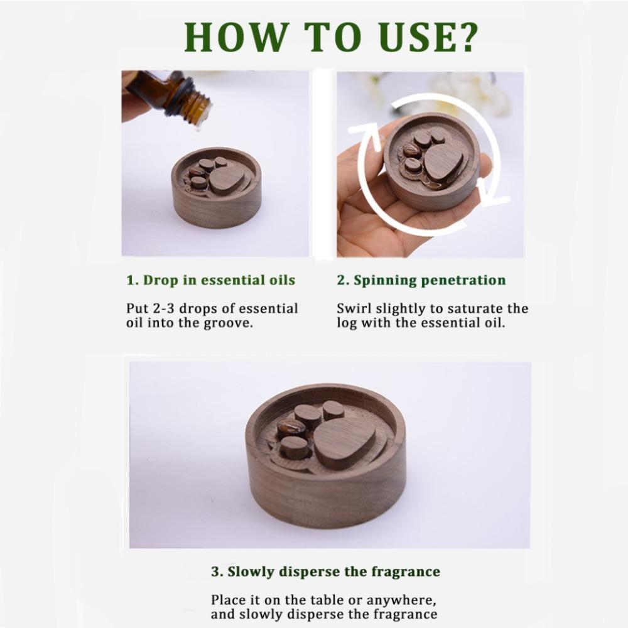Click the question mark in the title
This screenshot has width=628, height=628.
pyautogui.click(x=465, y=37)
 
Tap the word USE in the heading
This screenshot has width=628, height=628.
pyautogui.click(x=412, y=37)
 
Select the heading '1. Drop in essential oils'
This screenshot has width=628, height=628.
pyautogui.click(x=210, y=280)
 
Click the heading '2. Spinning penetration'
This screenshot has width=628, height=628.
pyautogui.click(x=421, y=280)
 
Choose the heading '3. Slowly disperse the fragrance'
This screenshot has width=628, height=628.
pyautogui.click(x=325, y=571)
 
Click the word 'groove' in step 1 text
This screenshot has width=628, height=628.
pyautogui.click(x=229, y=323)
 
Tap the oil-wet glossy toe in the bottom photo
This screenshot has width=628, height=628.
pyautogui.click(x=291, y=428)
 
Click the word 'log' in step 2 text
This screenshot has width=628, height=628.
pyautogui.click(x=347, y=323)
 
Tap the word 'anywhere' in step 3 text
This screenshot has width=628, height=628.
pyautogui.click(x=401, y=600)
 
